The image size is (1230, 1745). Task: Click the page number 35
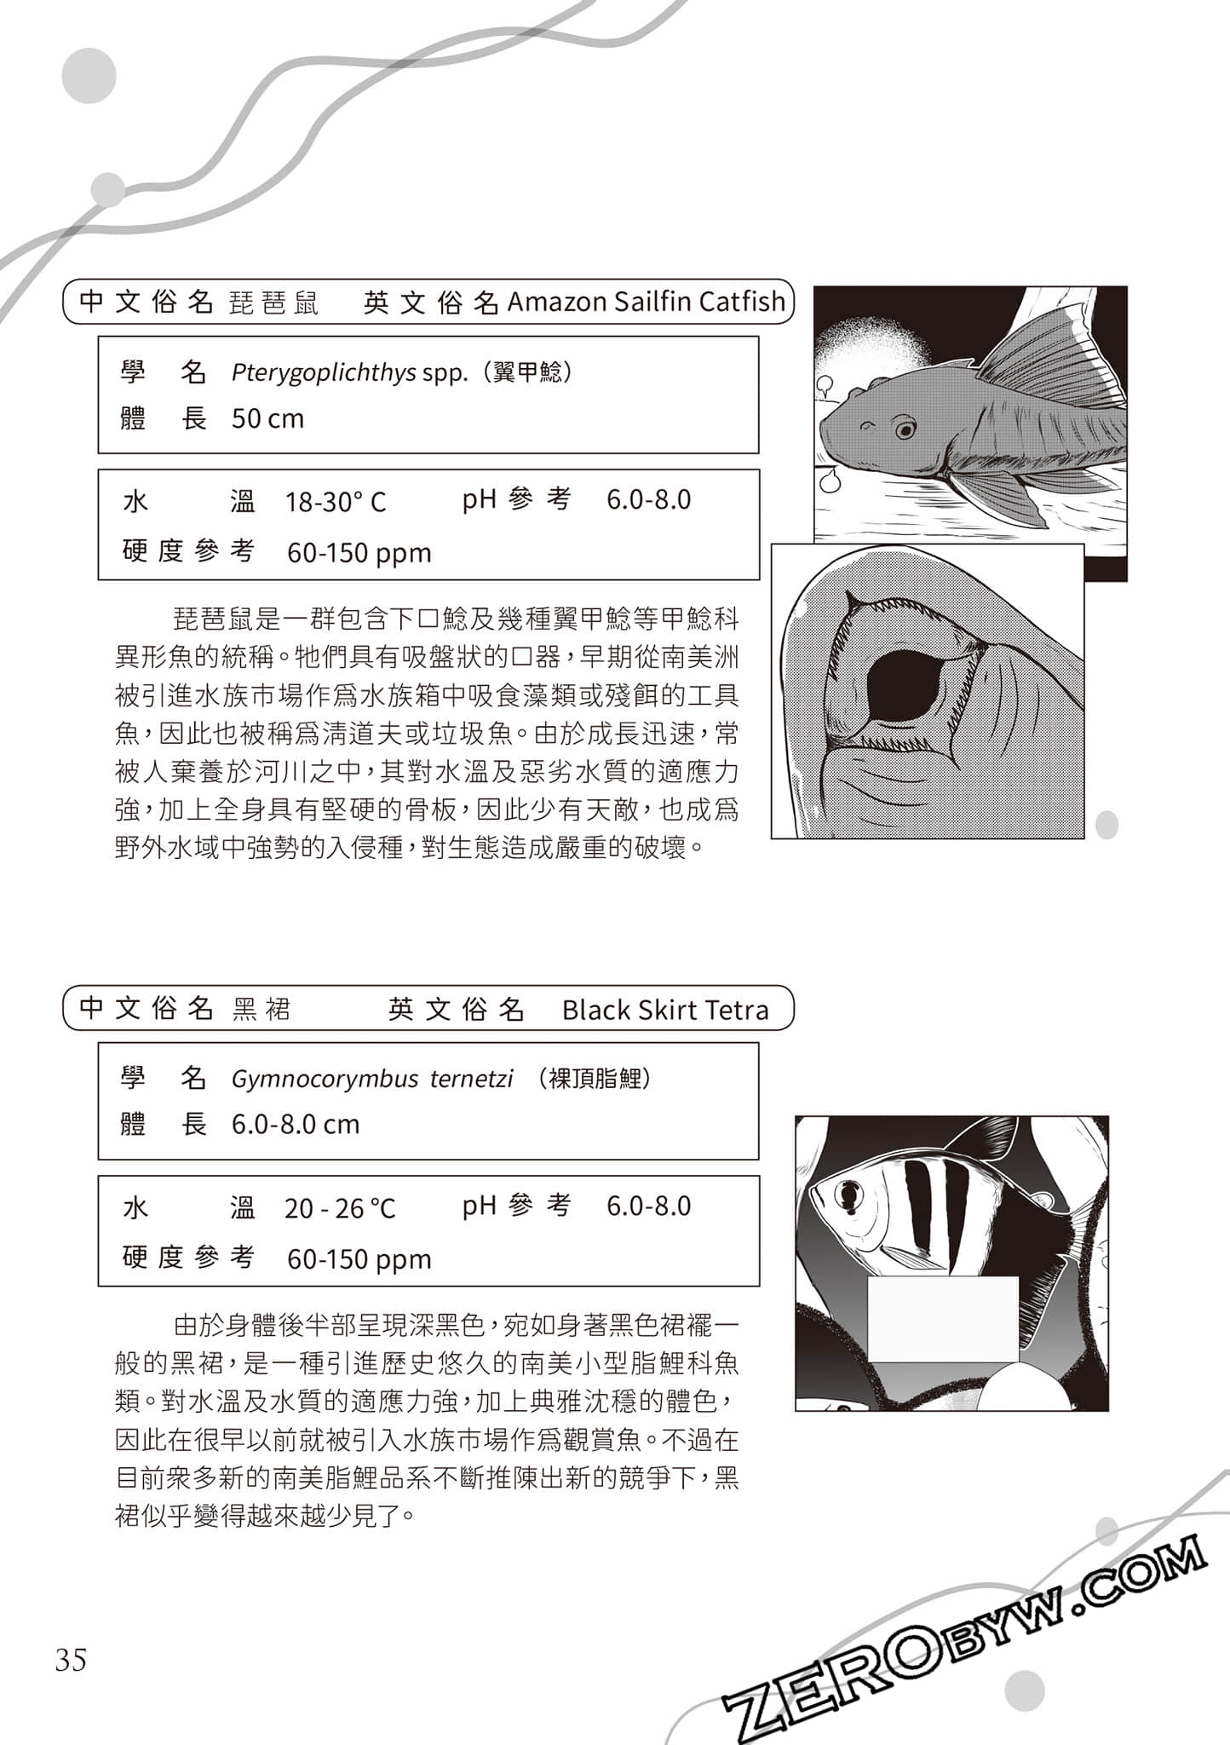click(x=71, y=1660)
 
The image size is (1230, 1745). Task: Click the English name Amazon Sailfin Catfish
click(x=646, y=302)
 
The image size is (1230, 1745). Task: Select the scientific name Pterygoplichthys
click(x=324, y=373)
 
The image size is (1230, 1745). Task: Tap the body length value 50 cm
click(x=267, y=419)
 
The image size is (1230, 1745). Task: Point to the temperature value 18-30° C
click(x=336, y=502)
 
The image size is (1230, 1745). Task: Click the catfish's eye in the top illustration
click(x=905, y=428)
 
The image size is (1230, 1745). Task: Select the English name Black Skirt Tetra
click(x=665, y=1011)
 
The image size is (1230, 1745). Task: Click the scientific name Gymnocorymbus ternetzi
click(x=372, y=1080)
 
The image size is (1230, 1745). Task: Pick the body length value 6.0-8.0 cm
click(x=296, y=1125)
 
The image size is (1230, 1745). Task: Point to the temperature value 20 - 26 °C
click(x=340, y=1208)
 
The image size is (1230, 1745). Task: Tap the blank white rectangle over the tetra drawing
click(x=943, y=1318)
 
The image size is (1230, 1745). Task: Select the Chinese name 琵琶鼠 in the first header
click(x=273, y=303)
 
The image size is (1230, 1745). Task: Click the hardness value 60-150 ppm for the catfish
click(x=359, y=554)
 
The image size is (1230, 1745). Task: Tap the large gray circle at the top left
click(x=89, y=76)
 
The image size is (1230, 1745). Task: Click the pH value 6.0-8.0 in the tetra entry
click(x=648, y=1207)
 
